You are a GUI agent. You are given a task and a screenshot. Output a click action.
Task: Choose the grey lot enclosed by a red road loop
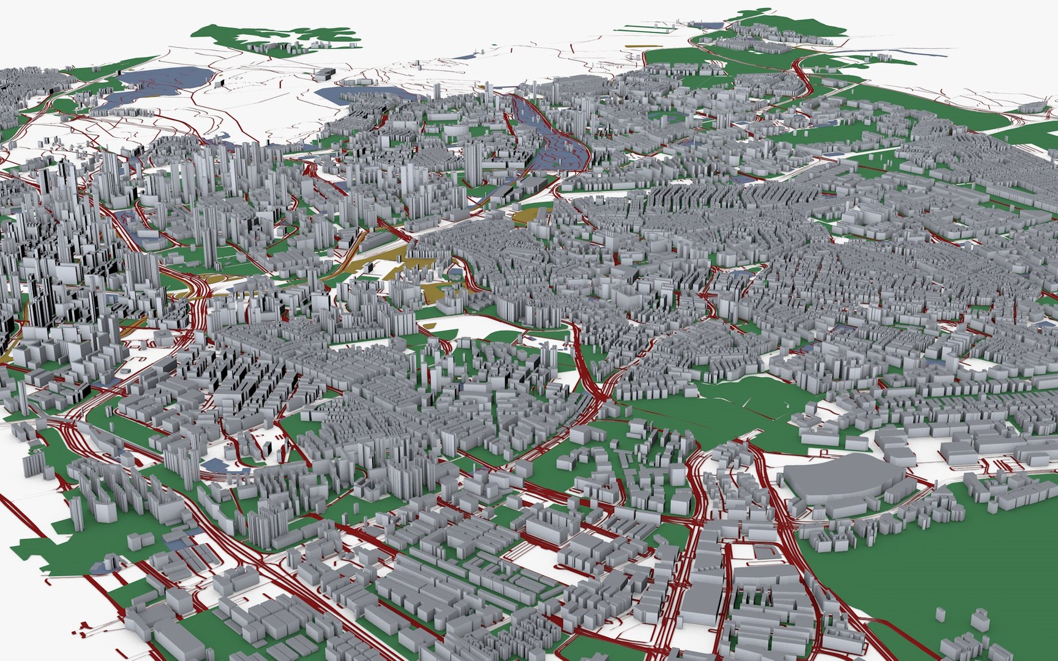pyautogui.click(x=759, y=551)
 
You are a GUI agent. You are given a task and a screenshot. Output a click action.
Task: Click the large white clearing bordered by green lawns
pyautogui.click(x=478, y=327)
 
